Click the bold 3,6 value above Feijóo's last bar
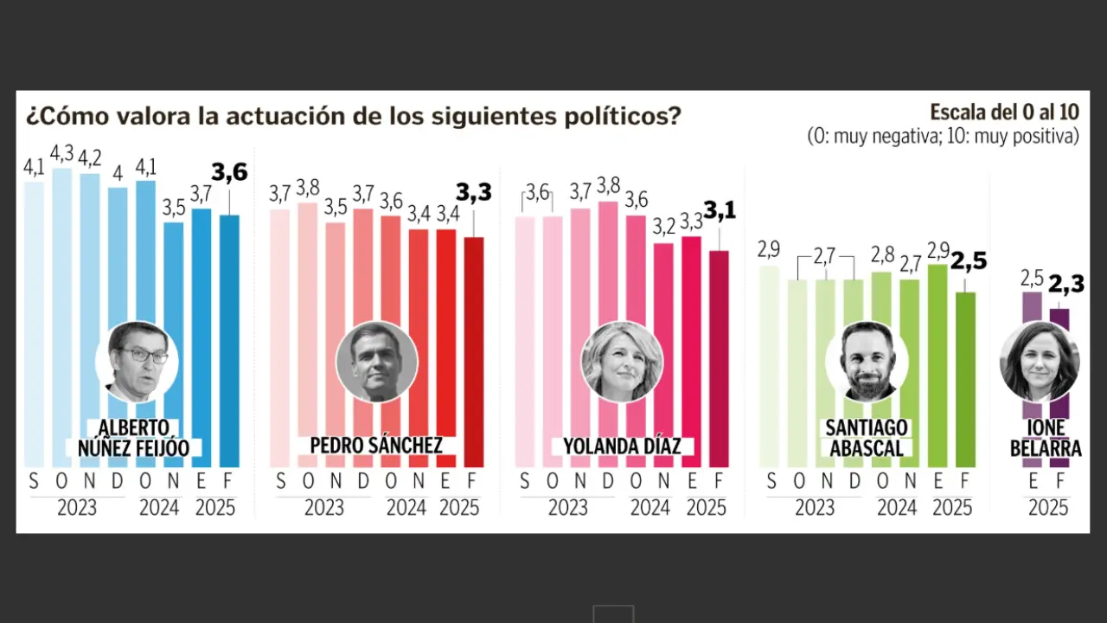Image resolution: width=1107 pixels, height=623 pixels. pyautogui.click(x=229, y=173)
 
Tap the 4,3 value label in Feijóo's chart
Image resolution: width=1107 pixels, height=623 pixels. pyautogui.click(x=61, y=154)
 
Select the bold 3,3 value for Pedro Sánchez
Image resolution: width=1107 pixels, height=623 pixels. pyautogui.click(x=473, y=192)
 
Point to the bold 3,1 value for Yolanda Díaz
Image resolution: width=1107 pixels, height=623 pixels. pyautogui.click(x=719, y=209)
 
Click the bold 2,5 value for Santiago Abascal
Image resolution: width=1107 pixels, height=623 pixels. pyautogui.click(x=969, y=260)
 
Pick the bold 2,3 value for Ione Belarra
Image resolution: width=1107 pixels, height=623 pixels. pyautogui.click(x=1065, y=283)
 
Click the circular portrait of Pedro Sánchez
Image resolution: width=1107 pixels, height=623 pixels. pyautogui.click(x=376, y=362)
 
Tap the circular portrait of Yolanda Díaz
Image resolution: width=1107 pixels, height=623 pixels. pyautogui.click(x=622, y=362)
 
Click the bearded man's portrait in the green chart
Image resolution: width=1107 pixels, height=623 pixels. pyautogui.click(x=867, y=362)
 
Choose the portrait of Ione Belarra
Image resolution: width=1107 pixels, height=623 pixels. pyautogui.click(x=1040, y=362)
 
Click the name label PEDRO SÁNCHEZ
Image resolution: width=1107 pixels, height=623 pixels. pyautogui.click(x=376, y=446)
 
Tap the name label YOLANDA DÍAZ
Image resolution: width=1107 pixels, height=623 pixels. pyautogui.click(x=622, y=446)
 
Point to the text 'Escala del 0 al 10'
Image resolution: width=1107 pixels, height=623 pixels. pyautogui.click(x=1004, y=112)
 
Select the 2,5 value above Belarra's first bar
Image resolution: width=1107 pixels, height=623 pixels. pyautogui.click(x=1032, y=279)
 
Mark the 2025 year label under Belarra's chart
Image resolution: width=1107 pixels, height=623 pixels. pyautogui.click(x=1048, y=508)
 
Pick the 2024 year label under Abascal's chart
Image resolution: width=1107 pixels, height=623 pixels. pyautogui.click(x=897, y=508)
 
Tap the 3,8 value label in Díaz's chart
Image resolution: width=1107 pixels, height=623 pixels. pyautogui.click(x=609, y=185)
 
